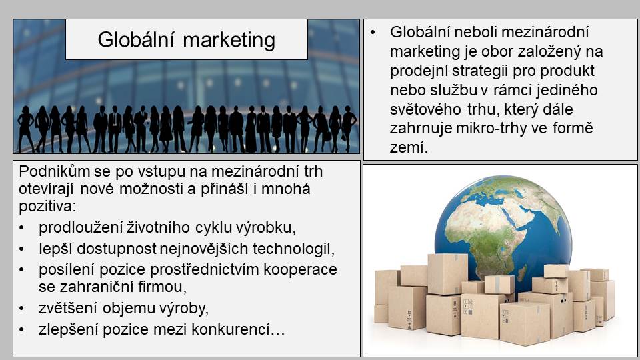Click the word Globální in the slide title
[136, 40]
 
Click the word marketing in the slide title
[229, 41]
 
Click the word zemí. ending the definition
[409, 147]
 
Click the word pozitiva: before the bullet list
[47, 206]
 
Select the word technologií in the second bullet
[293, 249]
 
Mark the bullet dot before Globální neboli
[373, 32]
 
